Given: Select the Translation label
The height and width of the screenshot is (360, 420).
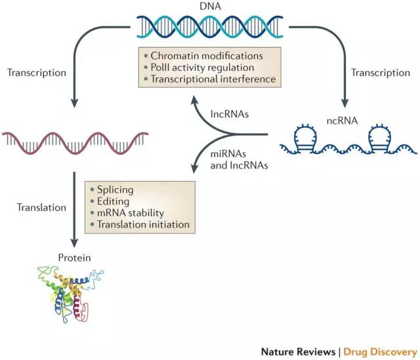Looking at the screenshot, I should click(42, 208).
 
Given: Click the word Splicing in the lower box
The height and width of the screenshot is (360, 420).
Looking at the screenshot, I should click(118, 190).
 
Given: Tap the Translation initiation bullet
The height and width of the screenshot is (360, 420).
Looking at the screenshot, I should click(144, 225).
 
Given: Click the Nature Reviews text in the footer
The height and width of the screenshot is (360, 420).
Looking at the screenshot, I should click(299, 351).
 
